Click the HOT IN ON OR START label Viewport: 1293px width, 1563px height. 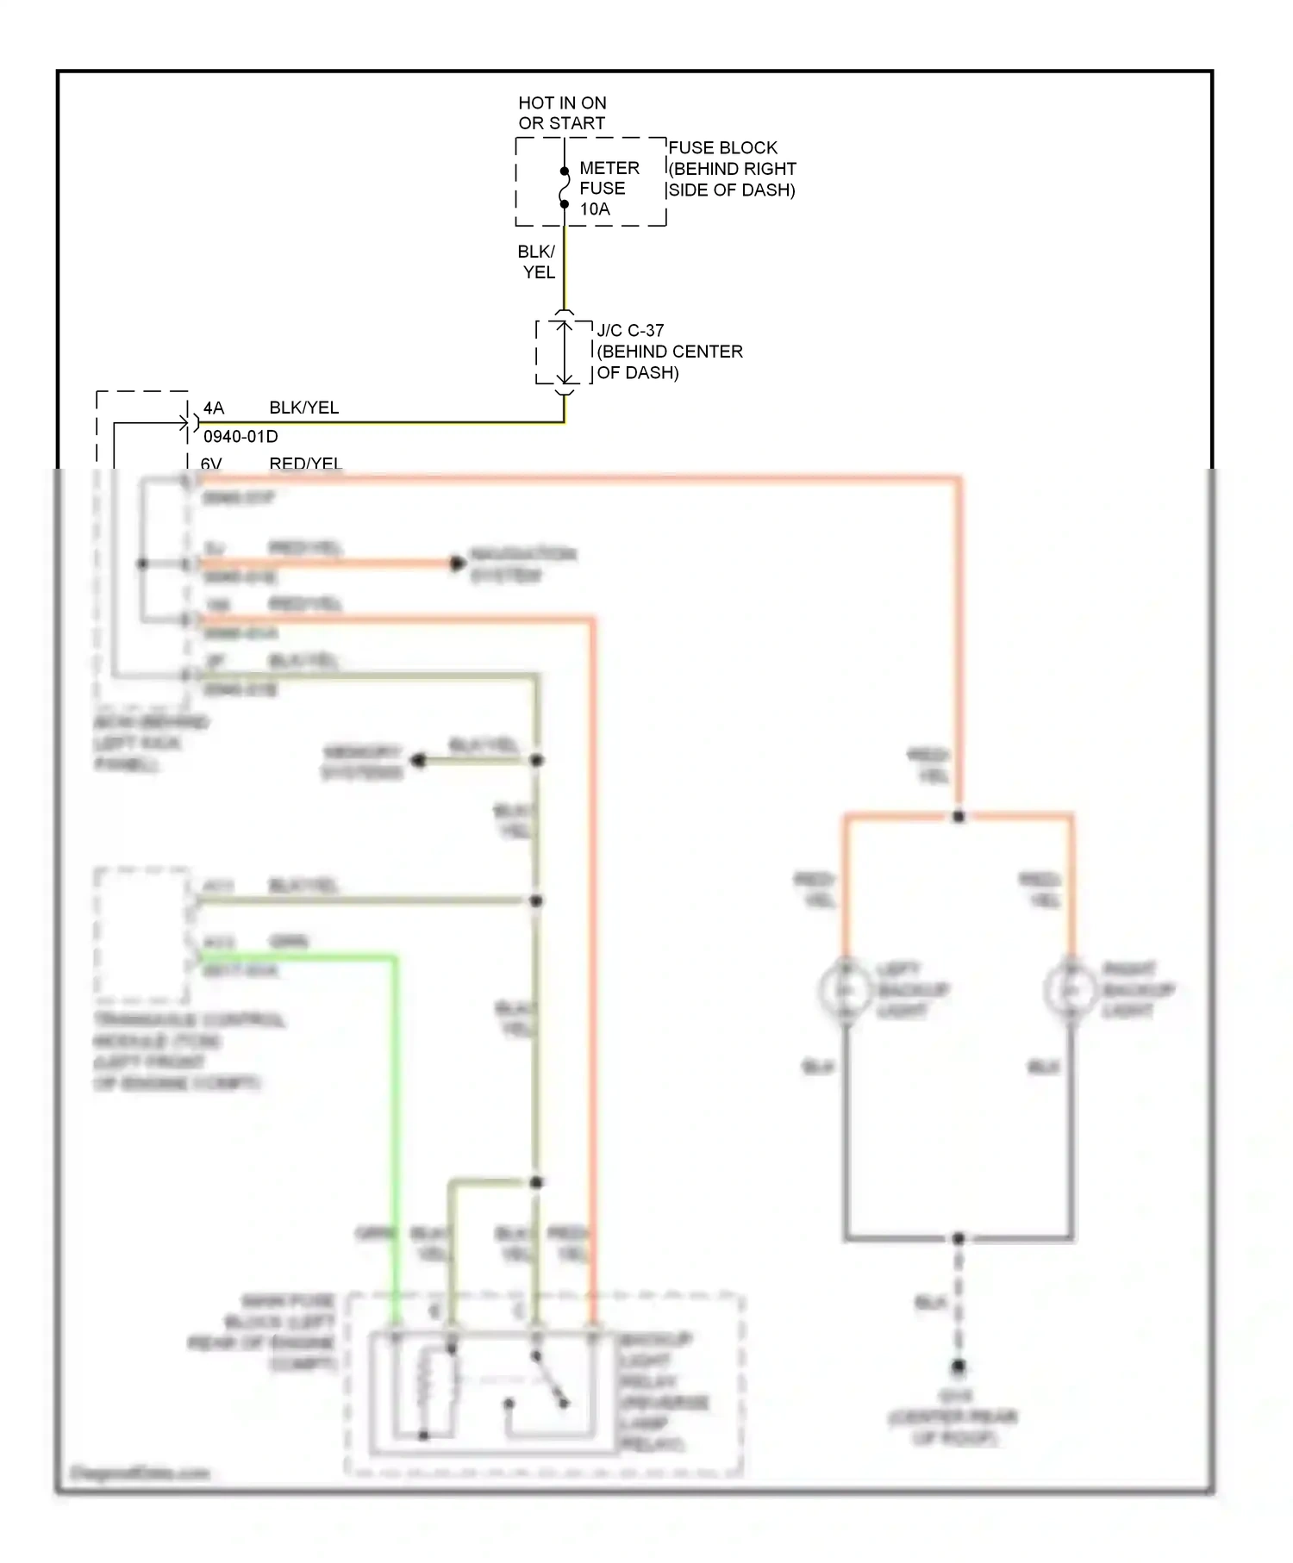562,113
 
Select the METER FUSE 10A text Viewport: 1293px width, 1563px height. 609,188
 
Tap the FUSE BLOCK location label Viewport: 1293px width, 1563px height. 731,169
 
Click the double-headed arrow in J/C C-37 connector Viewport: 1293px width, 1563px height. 565,352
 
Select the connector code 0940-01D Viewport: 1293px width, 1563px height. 240,436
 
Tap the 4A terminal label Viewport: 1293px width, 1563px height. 213,408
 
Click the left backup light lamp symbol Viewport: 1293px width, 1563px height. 846,991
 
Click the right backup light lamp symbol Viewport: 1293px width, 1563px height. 1071,991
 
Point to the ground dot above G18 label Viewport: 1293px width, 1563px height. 958,1367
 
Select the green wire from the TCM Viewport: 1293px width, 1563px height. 396,1120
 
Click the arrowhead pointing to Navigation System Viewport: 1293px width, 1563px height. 457,564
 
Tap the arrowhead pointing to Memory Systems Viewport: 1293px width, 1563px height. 419,761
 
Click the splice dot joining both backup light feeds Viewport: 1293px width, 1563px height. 959,816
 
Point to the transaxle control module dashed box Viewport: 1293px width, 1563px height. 142,935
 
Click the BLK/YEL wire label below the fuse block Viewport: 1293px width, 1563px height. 536,262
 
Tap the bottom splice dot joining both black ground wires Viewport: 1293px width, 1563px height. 958,1238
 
